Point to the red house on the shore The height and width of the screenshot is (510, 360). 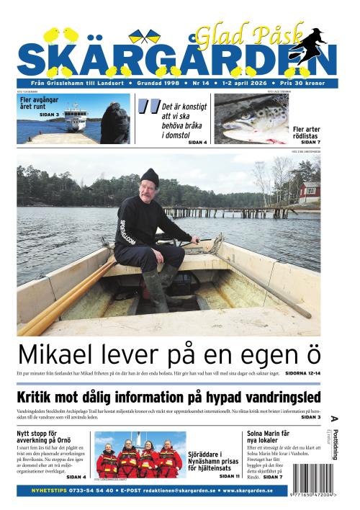310,192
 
